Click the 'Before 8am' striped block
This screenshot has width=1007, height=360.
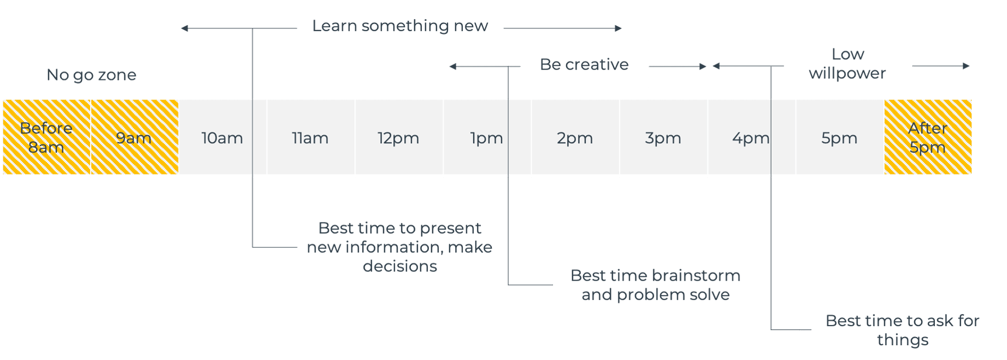pos(46,137)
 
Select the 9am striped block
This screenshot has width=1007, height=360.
pos(135,137)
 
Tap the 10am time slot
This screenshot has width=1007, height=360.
pos(223,137)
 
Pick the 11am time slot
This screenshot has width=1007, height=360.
pos(311,137)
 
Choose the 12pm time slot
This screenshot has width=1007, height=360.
pos(399,137)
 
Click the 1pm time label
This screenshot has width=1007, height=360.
pos(487,138)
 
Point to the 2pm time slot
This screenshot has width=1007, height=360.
pos(575,137)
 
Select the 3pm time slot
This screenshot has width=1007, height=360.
pos(663,137)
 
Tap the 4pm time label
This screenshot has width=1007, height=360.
pos(751,138)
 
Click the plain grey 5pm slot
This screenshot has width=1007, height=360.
pos(840,137)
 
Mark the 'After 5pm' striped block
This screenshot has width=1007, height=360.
pos(928,137)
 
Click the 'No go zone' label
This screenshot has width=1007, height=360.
pos(91,74)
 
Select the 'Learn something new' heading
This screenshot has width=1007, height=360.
pos(400,26)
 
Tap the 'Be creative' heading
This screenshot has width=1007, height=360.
pos(584,65)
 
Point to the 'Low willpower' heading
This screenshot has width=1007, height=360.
pos(847,63)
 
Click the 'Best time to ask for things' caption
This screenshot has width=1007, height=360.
pos(903,330)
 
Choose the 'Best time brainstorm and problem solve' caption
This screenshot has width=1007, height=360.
pos(655,284)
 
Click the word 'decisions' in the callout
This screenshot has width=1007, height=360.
pos(400,266)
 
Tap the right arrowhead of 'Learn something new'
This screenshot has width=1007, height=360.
pos(619,28)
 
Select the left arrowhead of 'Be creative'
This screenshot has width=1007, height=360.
pos(452,67)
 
